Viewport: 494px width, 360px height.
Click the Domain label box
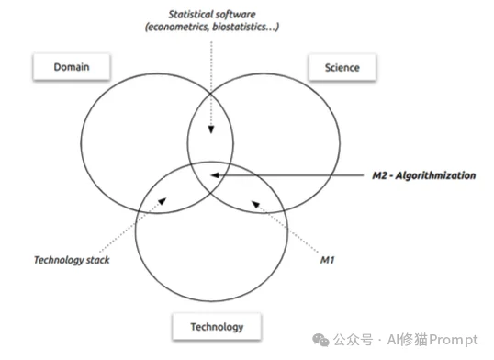click(71, 66)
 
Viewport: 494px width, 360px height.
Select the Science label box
click(342, 67)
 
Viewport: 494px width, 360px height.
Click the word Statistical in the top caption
click(196, 13)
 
